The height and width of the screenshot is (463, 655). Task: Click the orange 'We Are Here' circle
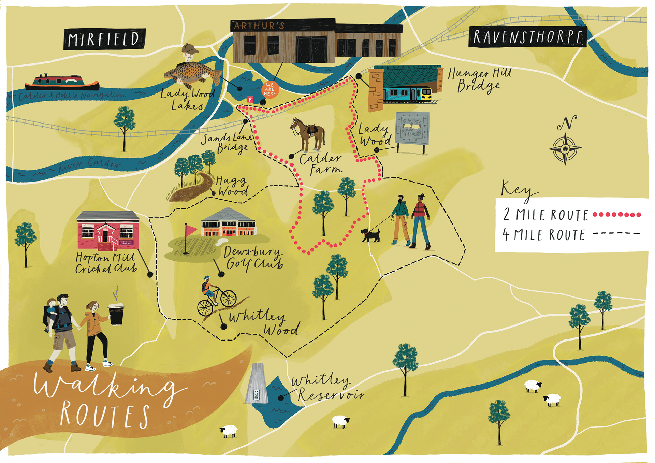[270, 89]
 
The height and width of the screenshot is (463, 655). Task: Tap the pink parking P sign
[250, 99]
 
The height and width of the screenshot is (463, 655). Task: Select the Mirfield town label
[104, 39]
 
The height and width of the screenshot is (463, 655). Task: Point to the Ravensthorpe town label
[527, 37]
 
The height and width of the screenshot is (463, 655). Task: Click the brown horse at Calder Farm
[308, 133]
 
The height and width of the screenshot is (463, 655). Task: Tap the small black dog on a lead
[370, 235]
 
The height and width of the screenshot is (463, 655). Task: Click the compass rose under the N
[565, 149]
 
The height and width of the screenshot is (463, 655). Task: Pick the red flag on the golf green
[191, 229]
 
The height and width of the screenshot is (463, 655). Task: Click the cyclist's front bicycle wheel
[228, 298]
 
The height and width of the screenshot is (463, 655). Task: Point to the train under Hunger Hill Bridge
[408, 94]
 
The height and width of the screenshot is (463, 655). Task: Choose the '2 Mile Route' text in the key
[545, 215]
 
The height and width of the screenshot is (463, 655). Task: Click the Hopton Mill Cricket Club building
[108, 230]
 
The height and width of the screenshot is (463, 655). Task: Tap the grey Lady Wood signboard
[412, 128]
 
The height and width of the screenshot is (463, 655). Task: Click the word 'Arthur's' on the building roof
[259, 26]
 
